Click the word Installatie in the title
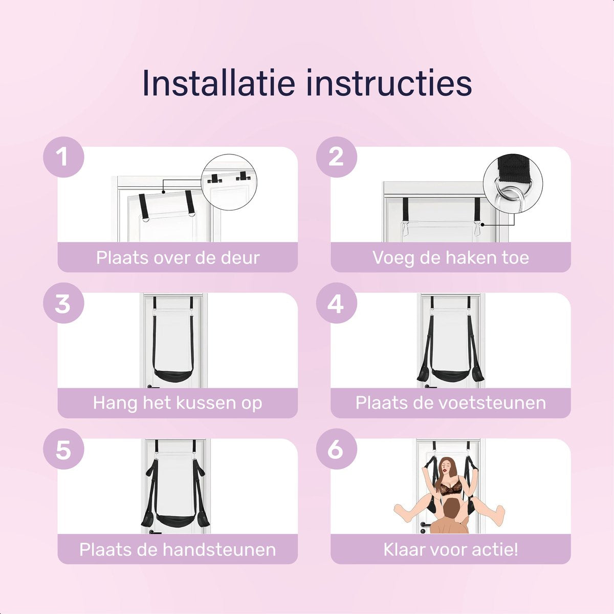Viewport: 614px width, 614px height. [218, 82]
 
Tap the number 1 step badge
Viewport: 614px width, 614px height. [64, 157]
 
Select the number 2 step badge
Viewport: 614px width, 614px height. [337, 157]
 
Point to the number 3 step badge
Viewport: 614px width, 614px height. [64, 303]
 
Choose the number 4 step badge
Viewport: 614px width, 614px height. [337, 303]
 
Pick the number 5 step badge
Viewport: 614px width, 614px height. [64, 449]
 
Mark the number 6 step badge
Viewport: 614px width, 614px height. [337, 449]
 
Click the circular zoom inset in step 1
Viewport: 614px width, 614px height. [229, 182]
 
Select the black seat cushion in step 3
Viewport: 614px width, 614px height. [173, 376]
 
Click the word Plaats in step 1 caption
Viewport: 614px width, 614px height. [123, 257]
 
